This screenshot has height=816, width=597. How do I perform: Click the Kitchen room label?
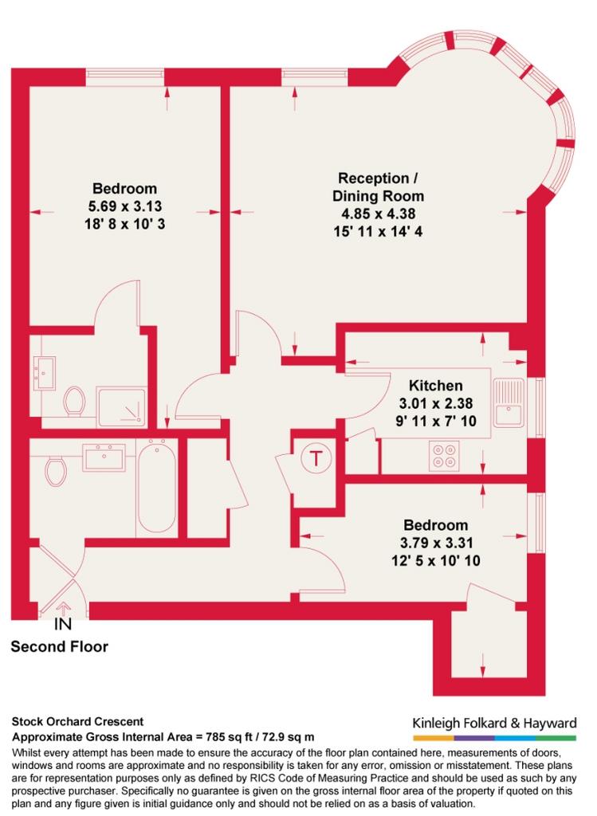435,386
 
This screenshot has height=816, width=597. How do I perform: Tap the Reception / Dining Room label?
378,186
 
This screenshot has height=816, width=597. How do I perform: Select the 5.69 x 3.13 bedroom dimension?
125,206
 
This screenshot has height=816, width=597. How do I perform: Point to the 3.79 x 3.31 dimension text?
436,543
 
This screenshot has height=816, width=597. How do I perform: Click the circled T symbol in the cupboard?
316,458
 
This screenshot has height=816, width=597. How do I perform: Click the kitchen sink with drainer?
509,402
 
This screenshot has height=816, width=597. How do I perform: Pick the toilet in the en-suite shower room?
74,402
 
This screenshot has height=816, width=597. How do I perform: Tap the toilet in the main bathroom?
56,472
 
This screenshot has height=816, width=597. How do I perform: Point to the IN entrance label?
62,624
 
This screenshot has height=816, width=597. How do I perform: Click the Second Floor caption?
59,647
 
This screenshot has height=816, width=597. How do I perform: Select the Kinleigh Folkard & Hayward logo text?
494,723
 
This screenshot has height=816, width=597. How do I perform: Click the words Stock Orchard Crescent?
77,722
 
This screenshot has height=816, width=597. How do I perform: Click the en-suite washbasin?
45,373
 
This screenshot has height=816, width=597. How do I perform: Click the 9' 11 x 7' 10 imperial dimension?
436,421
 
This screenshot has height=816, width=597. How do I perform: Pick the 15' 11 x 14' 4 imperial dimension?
378,231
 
